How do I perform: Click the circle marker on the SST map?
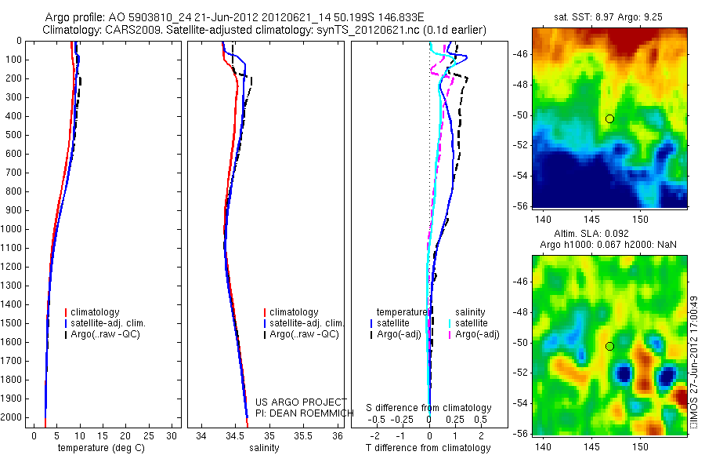609,118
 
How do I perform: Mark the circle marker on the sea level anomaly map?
609,346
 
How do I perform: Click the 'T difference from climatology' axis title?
428,448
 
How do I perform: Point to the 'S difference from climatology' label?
429,408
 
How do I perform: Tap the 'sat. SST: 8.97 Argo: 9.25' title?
609,15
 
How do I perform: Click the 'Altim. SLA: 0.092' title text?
609,235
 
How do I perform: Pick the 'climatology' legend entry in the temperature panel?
95,312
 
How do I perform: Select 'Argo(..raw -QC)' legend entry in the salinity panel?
304,334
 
